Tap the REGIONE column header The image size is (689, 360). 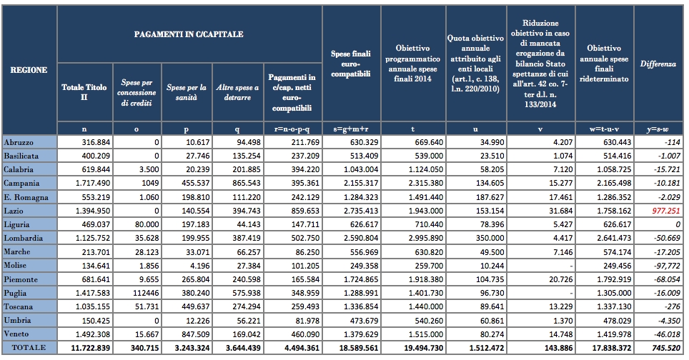coord(29,70)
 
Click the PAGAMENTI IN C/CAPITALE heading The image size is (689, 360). coord(189,34)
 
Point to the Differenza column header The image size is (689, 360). coord(658,64)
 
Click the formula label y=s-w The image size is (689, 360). coord(658,129)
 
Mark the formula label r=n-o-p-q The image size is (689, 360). coord(292,129)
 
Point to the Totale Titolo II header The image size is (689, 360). coord(84,93)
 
